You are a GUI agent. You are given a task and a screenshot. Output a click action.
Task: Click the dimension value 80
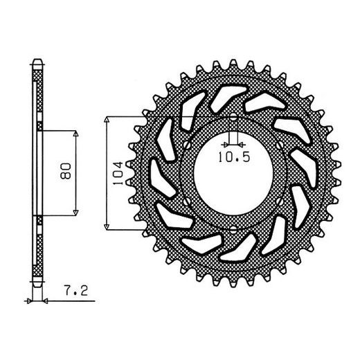66,171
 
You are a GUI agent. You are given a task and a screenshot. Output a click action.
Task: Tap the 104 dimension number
118,173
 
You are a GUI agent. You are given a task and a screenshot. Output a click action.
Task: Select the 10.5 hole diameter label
234,157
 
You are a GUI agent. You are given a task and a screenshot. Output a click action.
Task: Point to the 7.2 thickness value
76,291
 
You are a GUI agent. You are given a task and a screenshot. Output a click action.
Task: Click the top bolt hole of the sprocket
233,117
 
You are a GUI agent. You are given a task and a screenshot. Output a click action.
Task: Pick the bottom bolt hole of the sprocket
233,229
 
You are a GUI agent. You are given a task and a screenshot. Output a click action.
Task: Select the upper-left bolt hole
187,145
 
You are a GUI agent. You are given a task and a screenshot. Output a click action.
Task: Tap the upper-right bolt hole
280,145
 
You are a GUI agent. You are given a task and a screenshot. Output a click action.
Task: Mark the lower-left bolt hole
187,201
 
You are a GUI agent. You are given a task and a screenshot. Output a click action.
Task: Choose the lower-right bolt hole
280,201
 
